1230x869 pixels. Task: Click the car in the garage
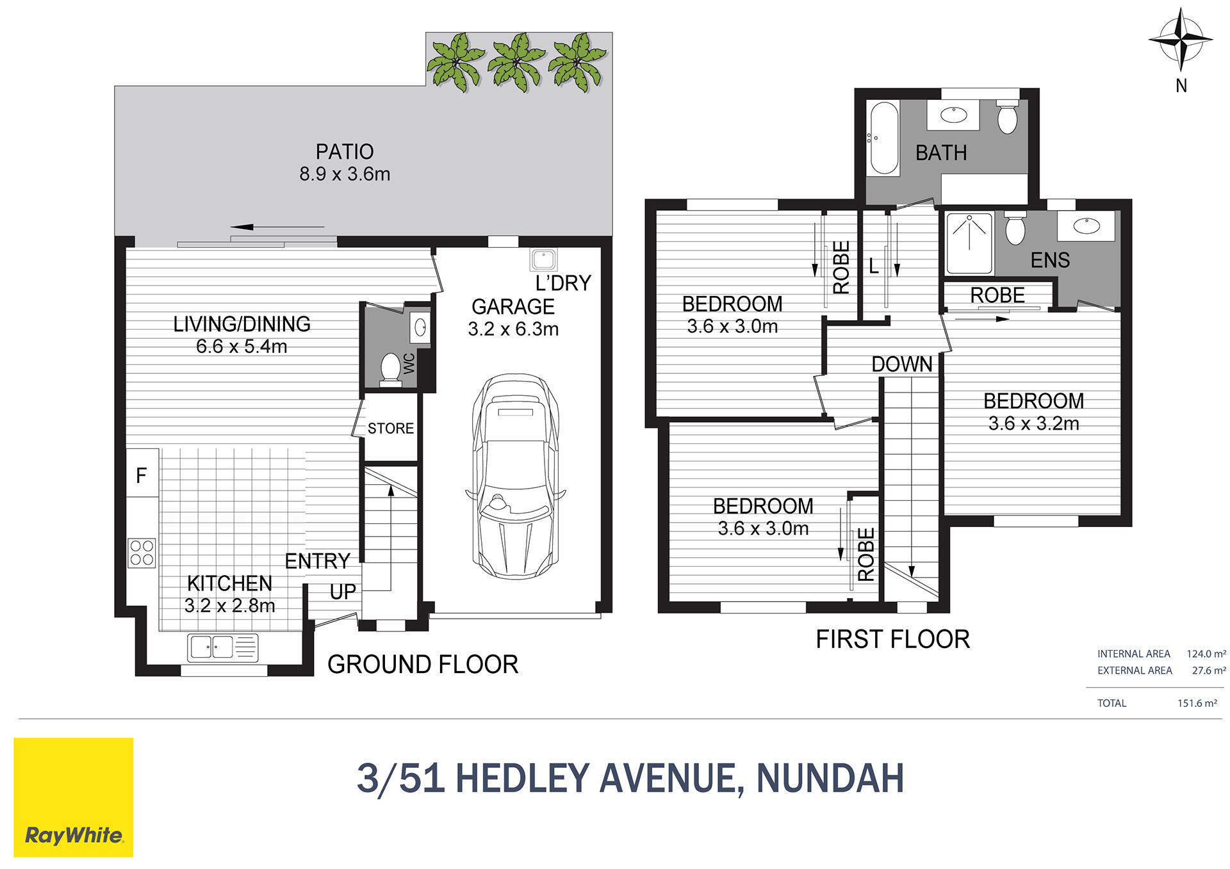click(515, 476)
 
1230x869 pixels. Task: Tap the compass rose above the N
click(1181, 39)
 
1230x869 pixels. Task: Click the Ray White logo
click(74, 797)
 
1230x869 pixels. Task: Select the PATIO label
click(345, 152)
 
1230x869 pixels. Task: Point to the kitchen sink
click(222, 647)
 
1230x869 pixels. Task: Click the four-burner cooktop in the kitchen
click(142, 553)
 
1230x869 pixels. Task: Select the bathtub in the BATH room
click(883, 138)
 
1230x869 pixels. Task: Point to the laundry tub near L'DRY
click(543, 259)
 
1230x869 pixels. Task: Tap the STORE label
click(391, 428)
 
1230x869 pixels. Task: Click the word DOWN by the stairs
click(901, 364)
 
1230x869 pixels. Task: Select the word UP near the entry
click(343, 592)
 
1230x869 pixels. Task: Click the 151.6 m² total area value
click(1197, 703)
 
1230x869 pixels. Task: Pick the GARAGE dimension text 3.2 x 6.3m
click(513, 329)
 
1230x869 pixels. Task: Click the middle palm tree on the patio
click(516, 62)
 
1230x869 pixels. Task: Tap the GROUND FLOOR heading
click(423, 665)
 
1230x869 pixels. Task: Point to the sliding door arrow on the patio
click(277, 227)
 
